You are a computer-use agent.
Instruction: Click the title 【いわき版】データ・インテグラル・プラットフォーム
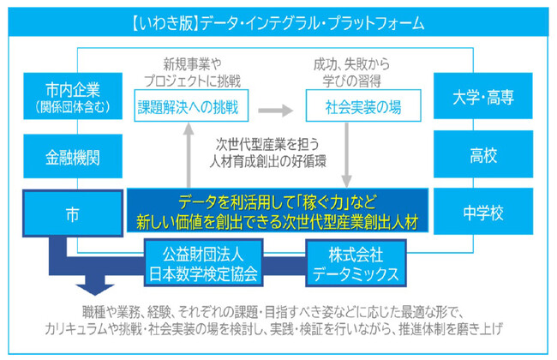278,22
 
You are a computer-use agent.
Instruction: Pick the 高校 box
482,157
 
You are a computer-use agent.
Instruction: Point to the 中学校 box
482,212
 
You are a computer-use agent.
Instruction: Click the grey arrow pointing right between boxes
272,110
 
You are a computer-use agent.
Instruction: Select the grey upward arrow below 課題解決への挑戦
190,154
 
